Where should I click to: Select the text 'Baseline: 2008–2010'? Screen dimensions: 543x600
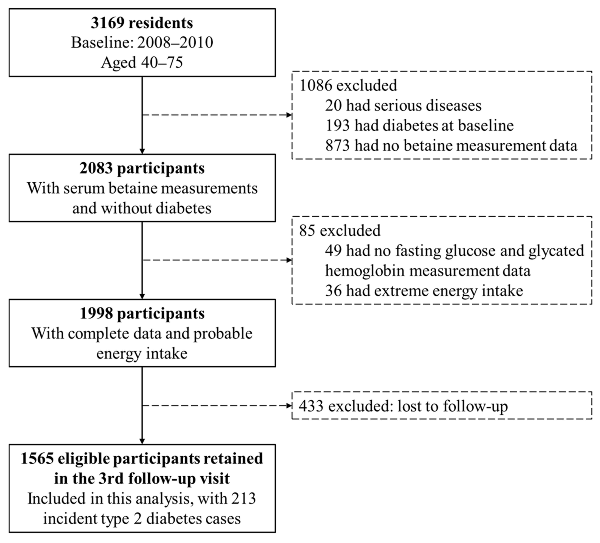tap(142, 43)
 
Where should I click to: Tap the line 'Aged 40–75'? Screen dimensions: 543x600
tap(142, 62)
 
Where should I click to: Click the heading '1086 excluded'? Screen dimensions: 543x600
tap(348, 86)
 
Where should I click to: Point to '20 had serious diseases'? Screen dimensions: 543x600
tap(403, 106)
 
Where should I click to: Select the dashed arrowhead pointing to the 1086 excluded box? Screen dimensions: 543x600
tap(289, 115)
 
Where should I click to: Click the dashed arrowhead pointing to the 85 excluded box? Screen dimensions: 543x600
tap(289, 260)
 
